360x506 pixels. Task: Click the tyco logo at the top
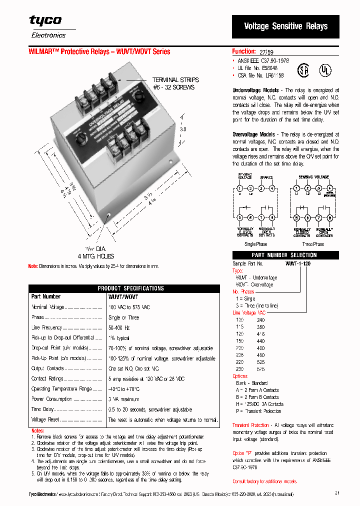[45, 20]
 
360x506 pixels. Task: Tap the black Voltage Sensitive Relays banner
[285, 26]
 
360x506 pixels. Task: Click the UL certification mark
[325, 70]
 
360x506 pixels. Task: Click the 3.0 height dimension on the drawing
[183, 129]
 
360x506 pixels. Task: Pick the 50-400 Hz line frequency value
[119, 327]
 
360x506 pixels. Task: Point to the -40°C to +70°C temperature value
[124, 389]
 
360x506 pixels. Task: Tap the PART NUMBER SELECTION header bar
[284, 255]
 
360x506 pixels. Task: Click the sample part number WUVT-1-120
[298, 263]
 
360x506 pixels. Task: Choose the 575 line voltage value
[260, 368]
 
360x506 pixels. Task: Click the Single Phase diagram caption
[255, 244]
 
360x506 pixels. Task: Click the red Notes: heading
[37, 430]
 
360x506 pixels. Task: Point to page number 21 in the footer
[337, 493]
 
